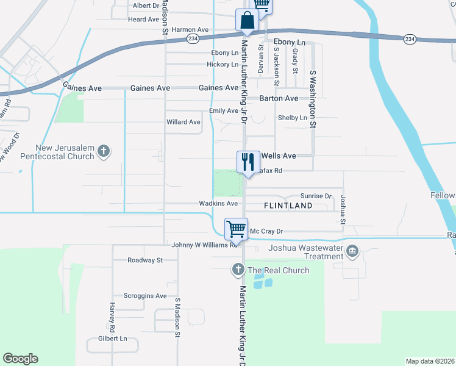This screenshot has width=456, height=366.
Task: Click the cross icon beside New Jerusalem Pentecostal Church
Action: (104, 151)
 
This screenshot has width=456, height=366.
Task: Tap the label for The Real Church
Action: (278, 270)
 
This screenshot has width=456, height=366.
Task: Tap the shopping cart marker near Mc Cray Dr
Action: (236, 229)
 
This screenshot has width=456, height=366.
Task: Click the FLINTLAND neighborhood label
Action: (288, 206)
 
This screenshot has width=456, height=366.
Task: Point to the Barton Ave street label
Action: (279, 98)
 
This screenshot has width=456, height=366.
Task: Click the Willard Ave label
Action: (183, 122)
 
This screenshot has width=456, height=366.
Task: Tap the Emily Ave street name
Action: (223, 111)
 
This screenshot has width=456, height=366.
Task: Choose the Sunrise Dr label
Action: (316, 196)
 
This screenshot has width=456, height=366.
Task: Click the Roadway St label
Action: (145, 260)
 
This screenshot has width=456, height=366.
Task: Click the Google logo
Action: (20, 359)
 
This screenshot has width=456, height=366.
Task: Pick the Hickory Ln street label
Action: (223, 64)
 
